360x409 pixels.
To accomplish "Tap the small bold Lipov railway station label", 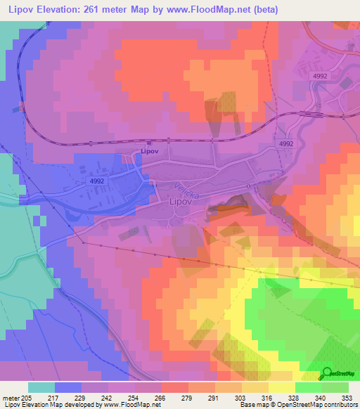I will pos(149,150).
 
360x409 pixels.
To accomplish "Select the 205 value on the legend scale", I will pos(27,398).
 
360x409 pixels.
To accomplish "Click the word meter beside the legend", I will pos(10,398).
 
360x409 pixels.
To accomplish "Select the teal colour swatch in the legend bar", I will pos(41,387).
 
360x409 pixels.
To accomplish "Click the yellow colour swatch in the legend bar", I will pos(282,387).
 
